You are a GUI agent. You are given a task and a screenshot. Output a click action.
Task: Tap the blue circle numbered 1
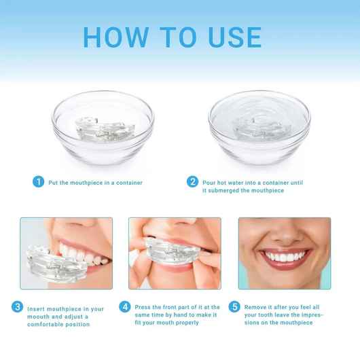coord(39,182)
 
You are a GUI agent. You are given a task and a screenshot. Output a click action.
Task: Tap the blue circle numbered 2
coord(193,182)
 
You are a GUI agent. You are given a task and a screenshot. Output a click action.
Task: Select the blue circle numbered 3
coord(18,307)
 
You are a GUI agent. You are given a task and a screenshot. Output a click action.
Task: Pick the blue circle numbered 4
coord(124,307)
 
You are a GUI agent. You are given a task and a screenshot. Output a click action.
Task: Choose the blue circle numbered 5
coord(234,307)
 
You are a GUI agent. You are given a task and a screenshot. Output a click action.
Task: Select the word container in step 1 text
coord(126,183)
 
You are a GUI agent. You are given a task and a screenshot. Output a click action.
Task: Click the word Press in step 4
coord(143,307)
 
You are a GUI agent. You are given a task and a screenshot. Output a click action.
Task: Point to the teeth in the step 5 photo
coord(285,257)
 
